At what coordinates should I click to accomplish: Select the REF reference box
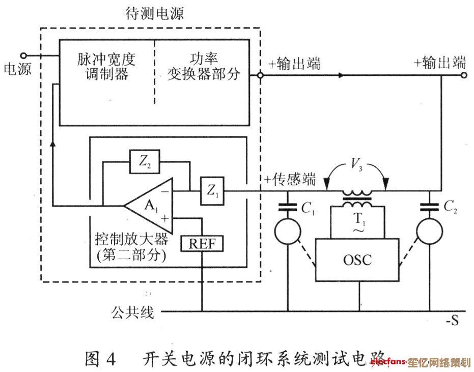[202, 244]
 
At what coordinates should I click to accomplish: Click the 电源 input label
[17, 69]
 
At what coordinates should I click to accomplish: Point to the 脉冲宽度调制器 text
[107, 67]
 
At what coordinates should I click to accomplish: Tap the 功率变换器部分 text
[204, 67]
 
